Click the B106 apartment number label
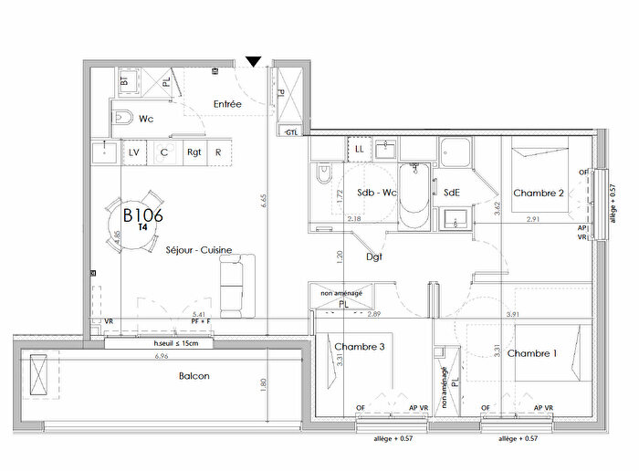pos(142,216)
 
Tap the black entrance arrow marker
pos(254,62)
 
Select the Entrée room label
pos(227,105)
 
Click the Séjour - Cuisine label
pos(198,249)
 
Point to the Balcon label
pos(194,376)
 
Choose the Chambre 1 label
pos(533,353)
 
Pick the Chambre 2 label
pos(539,193)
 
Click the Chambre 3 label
pos(360,347)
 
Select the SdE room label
pos(451,193)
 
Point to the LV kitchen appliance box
pos(134,152)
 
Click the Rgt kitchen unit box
pos(194,152)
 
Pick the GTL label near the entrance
pos(291,132)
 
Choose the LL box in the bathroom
pos(360,147)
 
